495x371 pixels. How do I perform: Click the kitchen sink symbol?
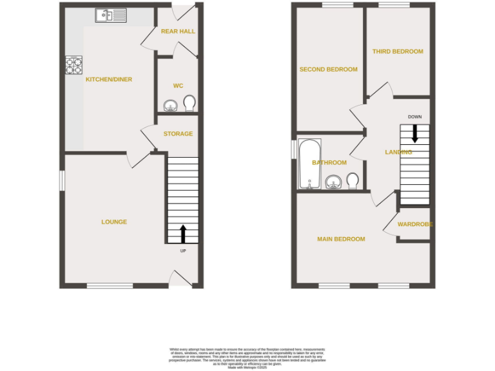coord(111,15)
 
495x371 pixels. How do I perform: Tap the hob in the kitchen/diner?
coord(73,65)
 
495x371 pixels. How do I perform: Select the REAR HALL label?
coord(178,31)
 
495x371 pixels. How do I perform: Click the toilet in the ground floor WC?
coord(189,103)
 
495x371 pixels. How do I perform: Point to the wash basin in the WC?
coord(171,105)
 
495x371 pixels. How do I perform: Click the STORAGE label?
coord(178,134)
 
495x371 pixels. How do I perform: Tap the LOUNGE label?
coord(114,222)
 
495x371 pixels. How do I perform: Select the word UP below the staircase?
coord(183,251)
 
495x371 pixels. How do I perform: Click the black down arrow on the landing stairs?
coord(414,133)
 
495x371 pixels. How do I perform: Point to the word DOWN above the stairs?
coord(414,117)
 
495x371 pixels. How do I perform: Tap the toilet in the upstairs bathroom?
coord(353,180)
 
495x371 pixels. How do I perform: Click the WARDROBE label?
coord(414,224)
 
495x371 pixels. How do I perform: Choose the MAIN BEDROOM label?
coord(341,239)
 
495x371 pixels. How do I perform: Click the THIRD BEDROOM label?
coord(398,52)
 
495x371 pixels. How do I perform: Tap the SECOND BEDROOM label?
coord(328,70)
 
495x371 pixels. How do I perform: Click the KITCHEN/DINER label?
coord(109,79)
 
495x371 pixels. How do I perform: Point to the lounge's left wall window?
coord(62,180)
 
